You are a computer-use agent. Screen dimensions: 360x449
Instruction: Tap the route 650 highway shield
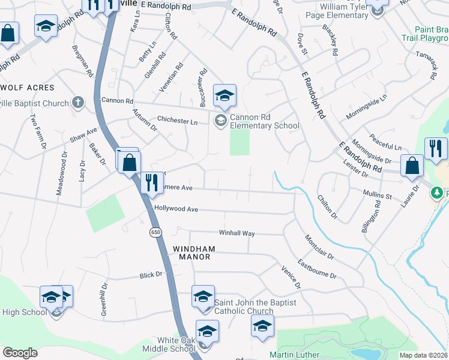[155, 232]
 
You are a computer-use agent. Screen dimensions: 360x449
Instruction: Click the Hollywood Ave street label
[176, 209]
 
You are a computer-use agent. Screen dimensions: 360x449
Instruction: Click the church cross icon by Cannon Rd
[78, 103]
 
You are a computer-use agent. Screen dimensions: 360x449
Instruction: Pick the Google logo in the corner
[20, 353]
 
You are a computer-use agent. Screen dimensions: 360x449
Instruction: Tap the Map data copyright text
[424, 355]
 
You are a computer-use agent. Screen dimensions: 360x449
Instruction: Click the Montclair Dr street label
[319, 247]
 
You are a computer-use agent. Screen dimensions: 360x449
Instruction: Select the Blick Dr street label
[151, 275]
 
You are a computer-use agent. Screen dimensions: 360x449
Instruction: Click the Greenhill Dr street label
[104, 301]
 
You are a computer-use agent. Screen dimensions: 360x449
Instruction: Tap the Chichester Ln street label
[177, 121]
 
